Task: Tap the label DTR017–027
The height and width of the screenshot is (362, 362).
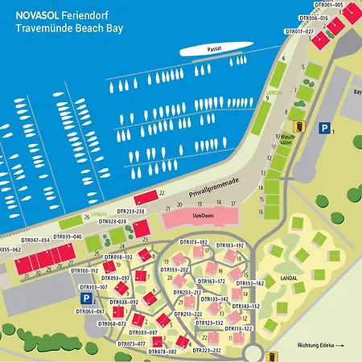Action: tap(299, 31)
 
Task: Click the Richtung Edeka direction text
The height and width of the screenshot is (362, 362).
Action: tap(319, 345)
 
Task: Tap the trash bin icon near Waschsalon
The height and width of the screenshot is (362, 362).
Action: tap(299, 125)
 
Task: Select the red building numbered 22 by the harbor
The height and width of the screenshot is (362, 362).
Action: tap(146, 196)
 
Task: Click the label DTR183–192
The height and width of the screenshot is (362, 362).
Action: tap(228, 244)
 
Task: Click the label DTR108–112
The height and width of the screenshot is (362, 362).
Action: tap(84, 271)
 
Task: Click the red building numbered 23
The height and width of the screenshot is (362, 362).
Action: tap(142, 228)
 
